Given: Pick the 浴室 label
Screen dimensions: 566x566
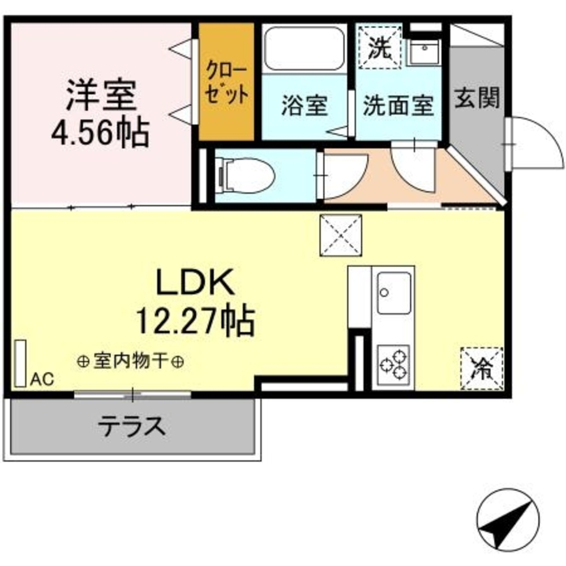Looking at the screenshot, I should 305,105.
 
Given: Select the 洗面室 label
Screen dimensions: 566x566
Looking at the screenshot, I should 398,105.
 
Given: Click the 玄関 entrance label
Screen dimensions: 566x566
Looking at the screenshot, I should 477,99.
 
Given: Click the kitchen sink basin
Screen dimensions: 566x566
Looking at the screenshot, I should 394,292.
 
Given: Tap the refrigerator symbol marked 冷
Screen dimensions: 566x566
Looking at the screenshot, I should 482,368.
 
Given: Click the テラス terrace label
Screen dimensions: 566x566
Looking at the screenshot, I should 133,426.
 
